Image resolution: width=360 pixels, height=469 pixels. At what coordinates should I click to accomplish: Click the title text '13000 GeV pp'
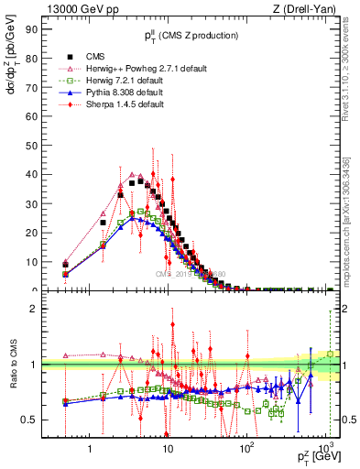pos(70,10)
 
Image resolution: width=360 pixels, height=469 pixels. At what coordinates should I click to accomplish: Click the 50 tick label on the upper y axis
pos(30,145)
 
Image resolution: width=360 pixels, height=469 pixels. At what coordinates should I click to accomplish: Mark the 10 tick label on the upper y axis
pos(30,261)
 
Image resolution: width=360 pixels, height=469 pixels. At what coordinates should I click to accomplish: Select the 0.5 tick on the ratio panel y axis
pos(30,420)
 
